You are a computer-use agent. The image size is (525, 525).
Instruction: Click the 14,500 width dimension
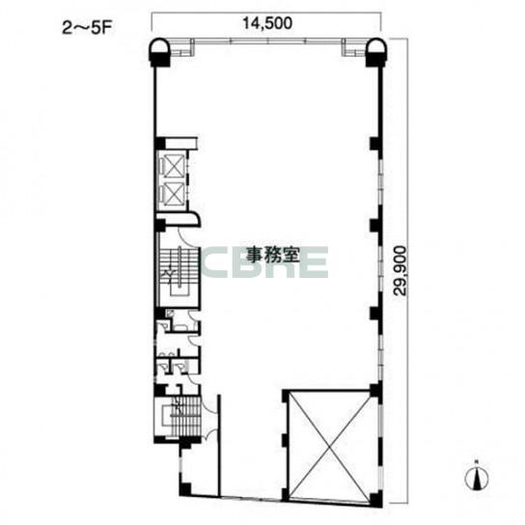pos(267,23)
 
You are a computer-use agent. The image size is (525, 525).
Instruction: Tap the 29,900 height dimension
pos(400,270)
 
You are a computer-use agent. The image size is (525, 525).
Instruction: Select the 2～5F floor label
pos(87,28)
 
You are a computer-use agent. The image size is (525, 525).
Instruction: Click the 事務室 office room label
pos(272,255)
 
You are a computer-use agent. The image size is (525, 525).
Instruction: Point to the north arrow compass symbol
pos(477,477)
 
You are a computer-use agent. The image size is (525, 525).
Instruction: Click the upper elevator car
pos(173,166)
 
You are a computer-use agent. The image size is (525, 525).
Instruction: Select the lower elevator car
pos(173,193)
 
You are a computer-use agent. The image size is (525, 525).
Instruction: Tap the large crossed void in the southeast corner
pos(329,446)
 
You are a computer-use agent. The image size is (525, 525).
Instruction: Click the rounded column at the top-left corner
pos(160,51)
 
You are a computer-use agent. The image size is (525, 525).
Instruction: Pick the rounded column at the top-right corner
pos(377,51)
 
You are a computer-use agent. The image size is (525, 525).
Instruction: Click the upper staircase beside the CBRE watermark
pos(180,271)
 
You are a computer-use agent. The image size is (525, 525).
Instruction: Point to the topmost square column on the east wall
pos(375,143)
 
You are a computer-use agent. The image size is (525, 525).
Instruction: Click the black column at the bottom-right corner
pos(376,498)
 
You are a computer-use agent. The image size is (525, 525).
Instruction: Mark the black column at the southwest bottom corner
pos(185,489)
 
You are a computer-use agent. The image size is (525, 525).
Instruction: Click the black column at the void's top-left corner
pos(286,395)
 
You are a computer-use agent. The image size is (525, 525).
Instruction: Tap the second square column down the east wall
pos(375,226)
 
